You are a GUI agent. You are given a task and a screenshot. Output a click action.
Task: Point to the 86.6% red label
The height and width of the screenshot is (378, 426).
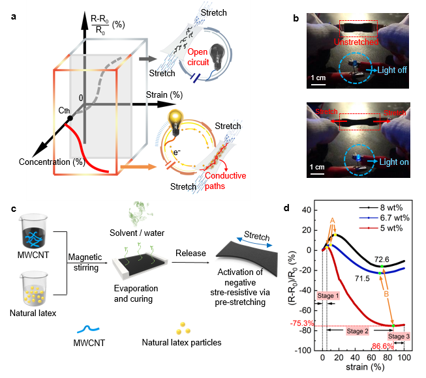point(384,346)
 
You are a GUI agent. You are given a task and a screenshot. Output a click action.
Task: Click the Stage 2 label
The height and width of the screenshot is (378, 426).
point(357,332)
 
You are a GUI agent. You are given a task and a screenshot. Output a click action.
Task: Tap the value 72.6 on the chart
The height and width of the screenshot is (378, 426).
point(382,260)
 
